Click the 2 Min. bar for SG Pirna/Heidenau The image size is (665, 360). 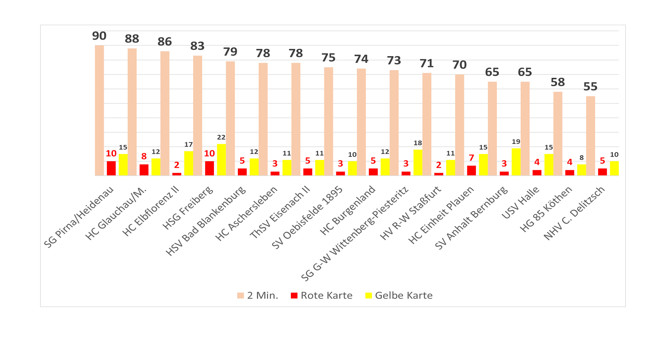pos(99,110)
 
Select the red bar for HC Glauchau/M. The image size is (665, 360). pos(144,170)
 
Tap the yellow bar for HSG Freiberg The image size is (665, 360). pos(221,160)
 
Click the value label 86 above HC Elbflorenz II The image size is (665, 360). pos(165,42)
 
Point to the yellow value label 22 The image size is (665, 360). pos(221,137)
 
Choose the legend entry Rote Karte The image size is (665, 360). pos(321,295)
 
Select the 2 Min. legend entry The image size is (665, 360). pos(258,295)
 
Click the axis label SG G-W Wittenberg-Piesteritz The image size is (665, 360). pos(355,234)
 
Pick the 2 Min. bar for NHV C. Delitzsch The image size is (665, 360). pos(590,136)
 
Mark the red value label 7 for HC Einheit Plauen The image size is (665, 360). pos(471,158)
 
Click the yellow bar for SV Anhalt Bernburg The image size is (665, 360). pos(516,162)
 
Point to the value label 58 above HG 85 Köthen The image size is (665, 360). pos(558,82)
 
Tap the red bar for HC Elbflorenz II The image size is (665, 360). pos(177,174)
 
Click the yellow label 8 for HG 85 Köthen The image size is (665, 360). pos(581,158)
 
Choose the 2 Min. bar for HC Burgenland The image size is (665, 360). pos(361,122)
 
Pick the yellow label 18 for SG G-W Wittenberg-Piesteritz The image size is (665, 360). pos(418,143)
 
